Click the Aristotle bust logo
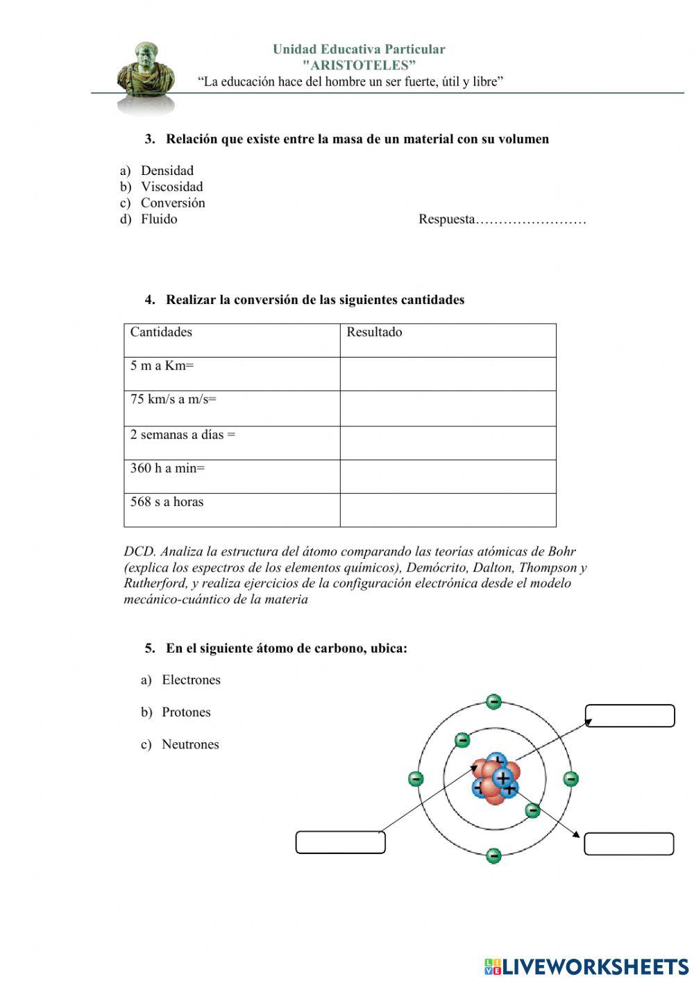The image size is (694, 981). (145, 75)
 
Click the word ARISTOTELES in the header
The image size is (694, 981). (359, 65)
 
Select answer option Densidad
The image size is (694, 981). (167, 171)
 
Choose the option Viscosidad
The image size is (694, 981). (171, 187)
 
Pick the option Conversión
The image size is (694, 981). (172, 203)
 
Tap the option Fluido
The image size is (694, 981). (159, 219)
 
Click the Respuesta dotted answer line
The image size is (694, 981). (531, 221)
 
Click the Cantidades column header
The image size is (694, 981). (161, 332)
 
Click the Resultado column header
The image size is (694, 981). (374, 332)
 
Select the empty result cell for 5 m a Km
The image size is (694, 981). (448, 374)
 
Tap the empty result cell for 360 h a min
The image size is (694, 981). (448, 476)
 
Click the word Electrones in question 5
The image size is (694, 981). (191, 680)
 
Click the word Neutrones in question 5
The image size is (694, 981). (190, 744)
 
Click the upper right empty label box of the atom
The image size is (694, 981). (629, 716)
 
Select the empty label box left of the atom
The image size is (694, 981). (340, 842)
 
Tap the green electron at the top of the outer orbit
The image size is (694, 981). (493, 702)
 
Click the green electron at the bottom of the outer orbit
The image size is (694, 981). (493, 855)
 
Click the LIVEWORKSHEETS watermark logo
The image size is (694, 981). (586, 966)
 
